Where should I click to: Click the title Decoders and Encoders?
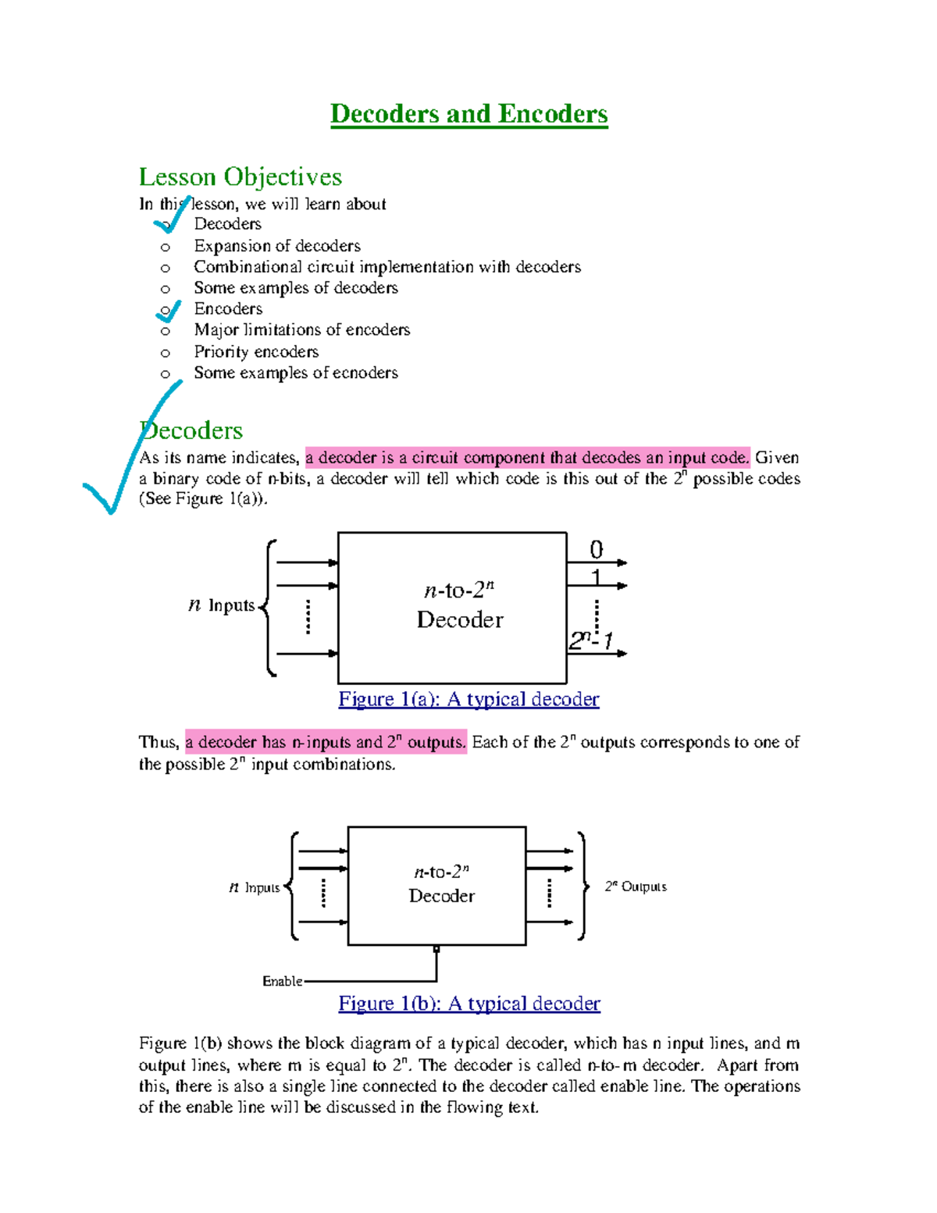click(468, 114)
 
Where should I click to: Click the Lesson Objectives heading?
click(240, 177)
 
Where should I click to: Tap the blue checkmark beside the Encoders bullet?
click(169, 312)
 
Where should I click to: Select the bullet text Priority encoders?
click(256, 351)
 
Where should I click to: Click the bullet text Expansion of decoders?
click(277, 246)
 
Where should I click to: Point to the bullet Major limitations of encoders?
click(301, 330)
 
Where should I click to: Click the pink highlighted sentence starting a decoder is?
click(527, 458)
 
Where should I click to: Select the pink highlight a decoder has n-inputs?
click(326, 742)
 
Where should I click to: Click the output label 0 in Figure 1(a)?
click(596, 550)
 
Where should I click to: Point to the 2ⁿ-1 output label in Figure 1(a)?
click(590, 640)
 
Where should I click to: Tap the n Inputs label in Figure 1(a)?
click(222, 605)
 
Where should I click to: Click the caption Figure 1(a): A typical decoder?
click(468, 699)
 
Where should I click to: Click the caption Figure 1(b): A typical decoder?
click(468, 1004)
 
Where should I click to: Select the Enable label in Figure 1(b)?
click(282, 981)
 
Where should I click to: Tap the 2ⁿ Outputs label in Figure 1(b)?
click(636, 887)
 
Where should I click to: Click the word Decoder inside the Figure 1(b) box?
click(441, 896)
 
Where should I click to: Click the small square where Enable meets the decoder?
click(436, 949)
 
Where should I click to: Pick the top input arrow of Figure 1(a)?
click(307, 562)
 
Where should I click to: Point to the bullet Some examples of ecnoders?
click(296, 373)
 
